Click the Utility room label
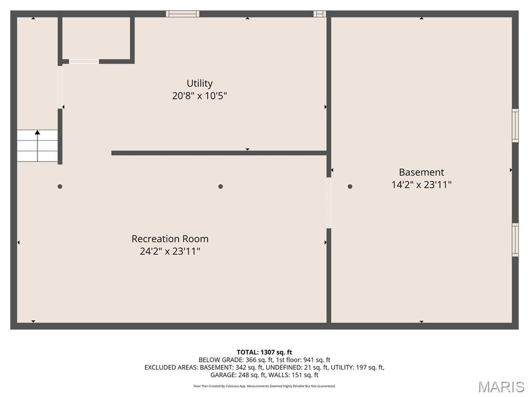click(199, 83)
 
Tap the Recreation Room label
click(170, 239)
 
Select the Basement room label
click(421, 172)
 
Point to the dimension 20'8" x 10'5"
click(199, 96)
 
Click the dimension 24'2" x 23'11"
click(170, 251)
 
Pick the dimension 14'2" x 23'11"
click(421, 185)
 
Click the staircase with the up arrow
click(37, 145)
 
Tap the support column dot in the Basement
click(350, 186)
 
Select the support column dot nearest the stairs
click(60, 186)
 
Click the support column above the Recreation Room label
click(221, 186)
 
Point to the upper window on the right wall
click(515, 125)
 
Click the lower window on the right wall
click(515, 239)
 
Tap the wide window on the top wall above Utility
click(182, 14)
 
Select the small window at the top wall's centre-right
click(320, 14)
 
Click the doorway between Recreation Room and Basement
click(329, 203)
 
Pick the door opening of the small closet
click(84, 62)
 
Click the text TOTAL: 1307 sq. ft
click(264, 353)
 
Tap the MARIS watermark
click(502, 387)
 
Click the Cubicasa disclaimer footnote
click(264, 386)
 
